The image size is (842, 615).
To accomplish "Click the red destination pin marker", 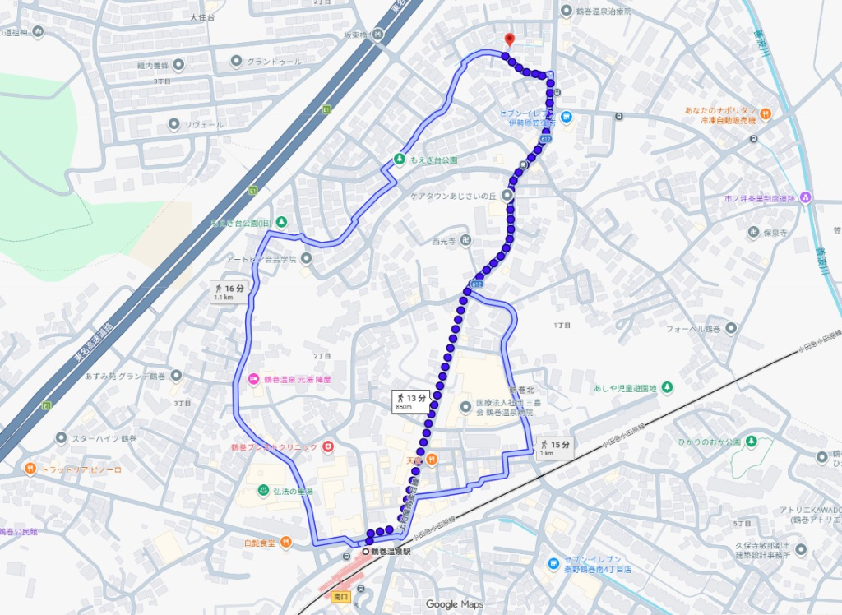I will tap(509, 39).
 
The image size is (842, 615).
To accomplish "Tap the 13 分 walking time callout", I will tap(411, 401).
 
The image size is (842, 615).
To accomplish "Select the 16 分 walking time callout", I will tap(228, 292).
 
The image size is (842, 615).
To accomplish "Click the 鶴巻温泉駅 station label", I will tap(389, 553).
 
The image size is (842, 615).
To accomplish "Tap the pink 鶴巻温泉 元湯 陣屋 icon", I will tap(254, 379).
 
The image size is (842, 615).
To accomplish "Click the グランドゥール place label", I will tap(274, 62).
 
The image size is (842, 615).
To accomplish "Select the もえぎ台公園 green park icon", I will tap(400, 159).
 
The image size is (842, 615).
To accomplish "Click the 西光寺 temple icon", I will tap(465, 241).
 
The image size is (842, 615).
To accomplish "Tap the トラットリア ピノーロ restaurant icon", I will tap(30, 469).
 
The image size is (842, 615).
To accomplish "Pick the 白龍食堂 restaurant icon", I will tap(285, 542).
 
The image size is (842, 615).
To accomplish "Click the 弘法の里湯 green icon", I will tap(263, 491).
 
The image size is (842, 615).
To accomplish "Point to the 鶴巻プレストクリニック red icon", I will tap(328, 446).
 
